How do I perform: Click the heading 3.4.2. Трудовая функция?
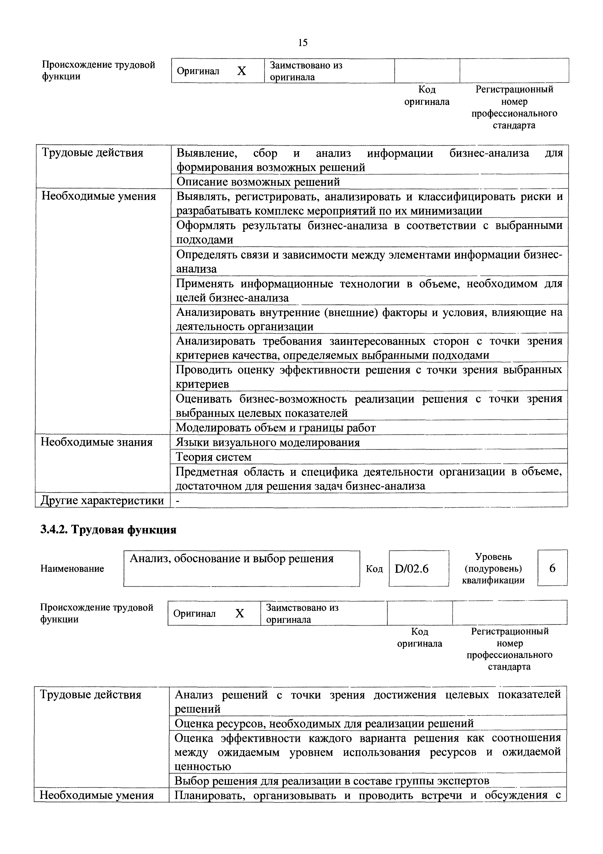click(x=108, y=530)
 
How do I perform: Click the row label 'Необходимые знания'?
click(x=97, y=442)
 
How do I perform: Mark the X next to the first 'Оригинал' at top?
click(x=242, y=71)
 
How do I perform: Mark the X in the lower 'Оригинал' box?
click(x=240, y=613)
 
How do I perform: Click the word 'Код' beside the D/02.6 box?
click(x=374, y=569)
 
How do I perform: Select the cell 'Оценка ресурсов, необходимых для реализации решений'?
click(x=324, y=723)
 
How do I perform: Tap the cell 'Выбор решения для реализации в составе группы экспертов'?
click(x=332, y=780)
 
